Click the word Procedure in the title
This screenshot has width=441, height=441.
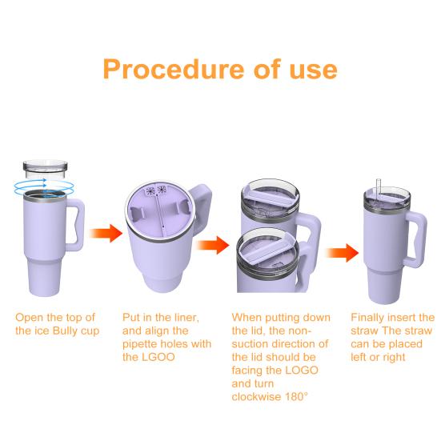pos(174,69)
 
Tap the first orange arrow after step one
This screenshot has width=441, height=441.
pos(106,233)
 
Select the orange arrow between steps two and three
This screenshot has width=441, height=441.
pos(212,245)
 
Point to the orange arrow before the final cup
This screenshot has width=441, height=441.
pos(342,253)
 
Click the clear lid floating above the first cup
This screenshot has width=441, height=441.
pos(45,170)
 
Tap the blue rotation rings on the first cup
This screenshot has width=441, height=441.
pos(44,186)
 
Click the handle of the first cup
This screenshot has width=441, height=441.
pos(75,224)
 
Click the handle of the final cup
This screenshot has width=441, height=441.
pos(417,239)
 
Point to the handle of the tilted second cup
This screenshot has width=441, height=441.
pos(201,206)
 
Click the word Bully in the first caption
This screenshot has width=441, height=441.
pos(64,331)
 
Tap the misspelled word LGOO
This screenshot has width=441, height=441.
pos(158,357)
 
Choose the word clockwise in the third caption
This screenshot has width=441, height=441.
pos(256,397)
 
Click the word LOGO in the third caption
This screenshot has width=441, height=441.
pos(302,371)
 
